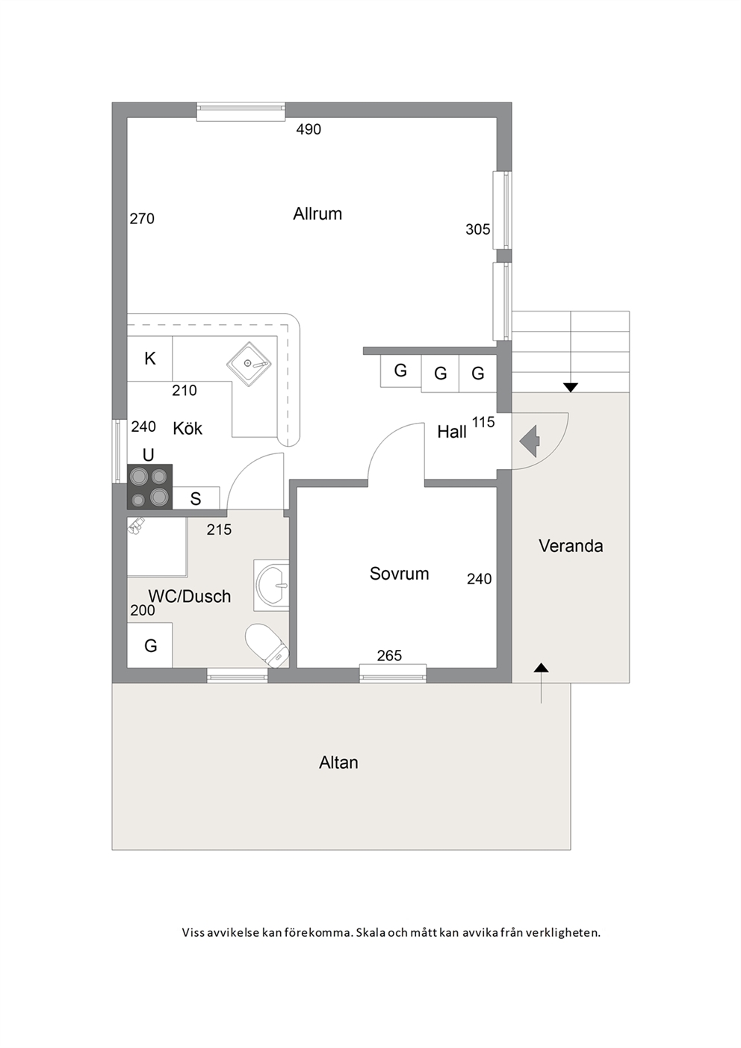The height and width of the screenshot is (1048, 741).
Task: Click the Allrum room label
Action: (x=317, y=214)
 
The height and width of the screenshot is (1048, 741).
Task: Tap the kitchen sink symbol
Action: (x=249, y=364)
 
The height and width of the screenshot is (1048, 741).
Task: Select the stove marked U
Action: (x=149, y=486)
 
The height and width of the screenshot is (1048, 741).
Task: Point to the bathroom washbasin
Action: (x=271, y=585)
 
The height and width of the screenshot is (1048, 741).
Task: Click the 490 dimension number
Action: (x=309, y=129)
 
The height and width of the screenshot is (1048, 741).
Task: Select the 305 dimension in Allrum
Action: (x=477, y=229)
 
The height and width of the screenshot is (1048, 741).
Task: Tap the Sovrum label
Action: (x=399, y=574)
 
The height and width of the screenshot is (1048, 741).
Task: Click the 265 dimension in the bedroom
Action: (x=389, y=656)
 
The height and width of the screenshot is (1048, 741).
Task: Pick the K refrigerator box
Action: (x=149, y=359)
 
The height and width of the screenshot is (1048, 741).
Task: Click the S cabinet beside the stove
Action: (x=196, y=498)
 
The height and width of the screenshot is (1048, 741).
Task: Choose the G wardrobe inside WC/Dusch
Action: (x=149, y=645)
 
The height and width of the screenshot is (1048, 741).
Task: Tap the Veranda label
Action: (x=571, y=546)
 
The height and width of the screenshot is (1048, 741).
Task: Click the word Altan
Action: (x=338, y=763)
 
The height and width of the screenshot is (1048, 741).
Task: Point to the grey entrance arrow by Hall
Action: (x=530, y=441)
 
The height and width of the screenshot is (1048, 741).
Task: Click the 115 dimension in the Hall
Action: (x=483, y=422)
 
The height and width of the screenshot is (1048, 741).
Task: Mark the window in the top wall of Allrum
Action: (x=241, y=111)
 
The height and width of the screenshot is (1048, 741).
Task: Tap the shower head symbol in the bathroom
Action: (x=136, y=526)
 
